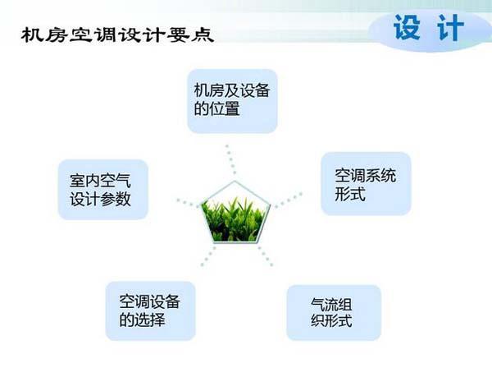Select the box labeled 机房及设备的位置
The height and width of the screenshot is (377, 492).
pos(232,100)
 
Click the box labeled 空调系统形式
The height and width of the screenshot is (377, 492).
pos(365,185)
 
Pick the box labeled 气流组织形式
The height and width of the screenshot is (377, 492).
pos(334,312)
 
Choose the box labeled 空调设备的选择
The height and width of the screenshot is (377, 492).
pos(150,310)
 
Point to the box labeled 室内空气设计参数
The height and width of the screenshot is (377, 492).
pos(102,190)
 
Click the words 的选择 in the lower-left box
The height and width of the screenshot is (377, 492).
pos(143,320)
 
